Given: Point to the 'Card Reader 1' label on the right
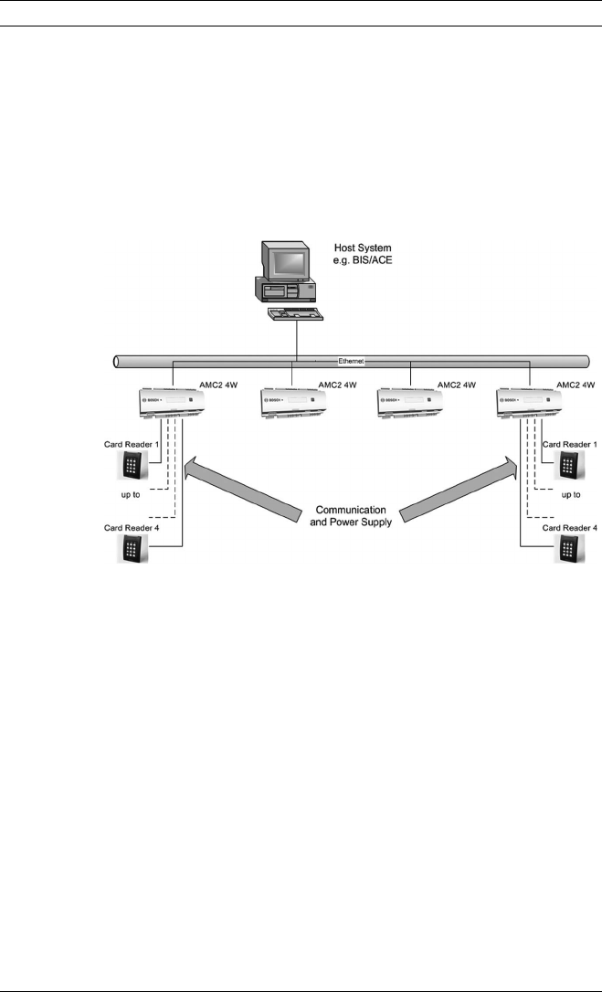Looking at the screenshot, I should click(569, 444).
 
